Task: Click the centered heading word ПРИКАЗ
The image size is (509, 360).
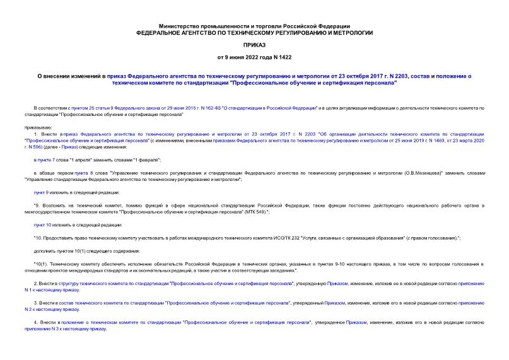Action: coord(254,45)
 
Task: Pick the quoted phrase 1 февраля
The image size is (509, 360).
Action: coord(147,161)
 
